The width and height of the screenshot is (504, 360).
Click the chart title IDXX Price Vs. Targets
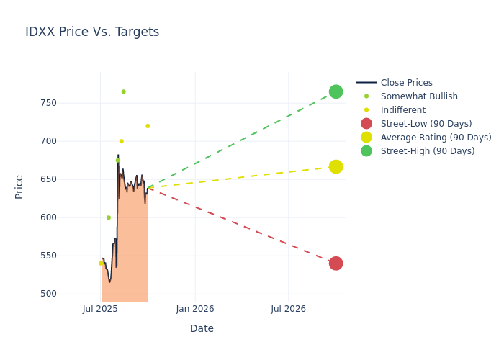pos(92,32)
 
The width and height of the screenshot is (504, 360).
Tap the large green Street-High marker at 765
pos(336,91)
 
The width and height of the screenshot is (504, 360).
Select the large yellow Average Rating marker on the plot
pos(336,166)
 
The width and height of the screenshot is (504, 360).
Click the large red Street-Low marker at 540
pos(336,264)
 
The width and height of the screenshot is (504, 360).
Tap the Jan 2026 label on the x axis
pos(194,309)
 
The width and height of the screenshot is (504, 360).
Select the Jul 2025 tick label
pos(100,309)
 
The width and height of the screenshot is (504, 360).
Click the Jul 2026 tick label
pos(288,309)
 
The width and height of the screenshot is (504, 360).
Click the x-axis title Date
pos(202,329)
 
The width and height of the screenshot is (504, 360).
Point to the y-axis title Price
pos(19,186)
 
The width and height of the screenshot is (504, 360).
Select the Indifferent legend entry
pos(402,110)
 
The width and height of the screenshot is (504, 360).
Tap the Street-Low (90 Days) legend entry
pos(426,124)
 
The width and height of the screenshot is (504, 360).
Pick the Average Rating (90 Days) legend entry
pos(436,138)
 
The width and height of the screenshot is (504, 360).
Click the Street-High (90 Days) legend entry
pos(428,151)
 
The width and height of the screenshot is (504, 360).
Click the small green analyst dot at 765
pos(123,91)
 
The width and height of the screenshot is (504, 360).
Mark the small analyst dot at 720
pos(148,126)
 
